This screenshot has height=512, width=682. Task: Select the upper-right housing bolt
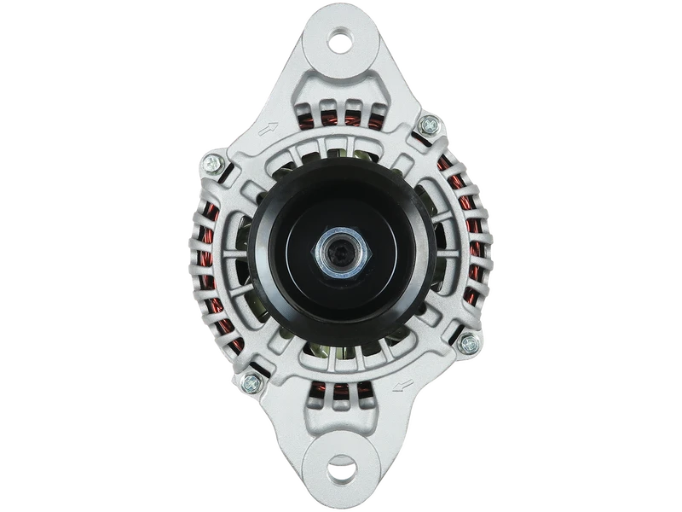tap(425, 129)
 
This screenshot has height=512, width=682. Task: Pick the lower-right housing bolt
tap(466, 344)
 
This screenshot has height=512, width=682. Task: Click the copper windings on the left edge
tap(197, 256)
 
